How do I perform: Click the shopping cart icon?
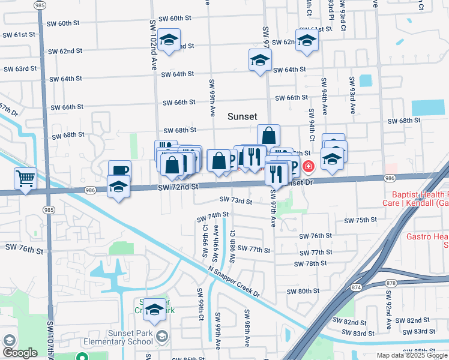[x=25, y=178]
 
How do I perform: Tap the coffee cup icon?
[x=119, y=170]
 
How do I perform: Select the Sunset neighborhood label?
[x=243, y=117]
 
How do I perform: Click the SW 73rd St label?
[x=236, y=200]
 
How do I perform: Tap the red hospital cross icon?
[x=308, y=166]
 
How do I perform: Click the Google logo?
[x=19, y=353]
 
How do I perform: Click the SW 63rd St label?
[x=20, y=69]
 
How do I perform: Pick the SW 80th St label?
[x=303, y=292]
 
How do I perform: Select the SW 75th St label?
[x=360, y=220]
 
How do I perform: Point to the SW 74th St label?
[x=213, y=214]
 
